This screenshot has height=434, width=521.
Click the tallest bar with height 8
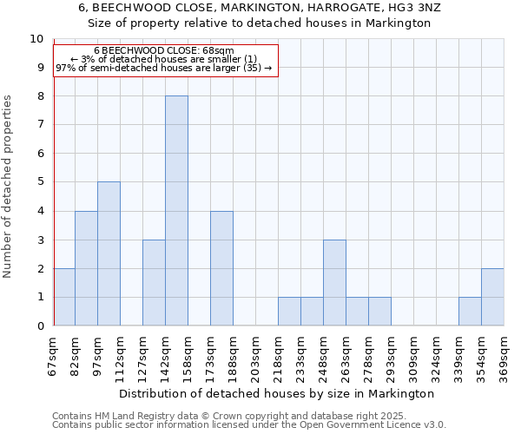tap(176, 211)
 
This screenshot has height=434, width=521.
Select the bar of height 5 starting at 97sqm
tap(109, 253)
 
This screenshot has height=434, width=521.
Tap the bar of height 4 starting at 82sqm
tap(86, 268)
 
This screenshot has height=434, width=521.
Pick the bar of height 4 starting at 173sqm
tap(221, 268)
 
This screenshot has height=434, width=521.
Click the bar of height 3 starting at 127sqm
tap(154, 282)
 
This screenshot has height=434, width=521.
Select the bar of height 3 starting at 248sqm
tap(334, 282)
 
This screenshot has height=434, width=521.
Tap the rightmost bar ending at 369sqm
tap(492, 297)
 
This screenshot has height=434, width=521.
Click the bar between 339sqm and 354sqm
tap(470, 312)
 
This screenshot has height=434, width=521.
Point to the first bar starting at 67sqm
tap(64, 297)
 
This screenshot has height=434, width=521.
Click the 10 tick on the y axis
tap(36, 39)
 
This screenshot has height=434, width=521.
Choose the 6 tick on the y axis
tap(39, 154)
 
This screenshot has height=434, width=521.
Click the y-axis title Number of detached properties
tap(8, 187)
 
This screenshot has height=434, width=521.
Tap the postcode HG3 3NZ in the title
tap(409, 7)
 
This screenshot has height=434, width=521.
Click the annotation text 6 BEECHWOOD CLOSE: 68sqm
tap(164, 51)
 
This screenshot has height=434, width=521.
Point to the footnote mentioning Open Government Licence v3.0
tap(249, 425)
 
